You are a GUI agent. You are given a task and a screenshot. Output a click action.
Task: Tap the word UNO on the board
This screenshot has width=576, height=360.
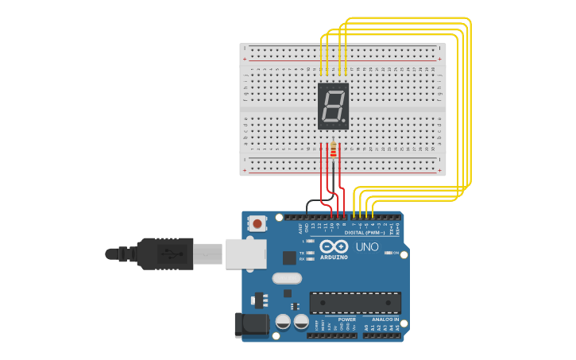[367, 247]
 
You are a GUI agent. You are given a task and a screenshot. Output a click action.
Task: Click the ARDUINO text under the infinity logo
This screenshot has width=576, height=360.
[334, 257]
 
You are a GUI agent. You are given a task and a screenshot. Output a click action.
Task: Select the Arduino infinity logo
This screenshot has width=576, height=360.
[334, 247]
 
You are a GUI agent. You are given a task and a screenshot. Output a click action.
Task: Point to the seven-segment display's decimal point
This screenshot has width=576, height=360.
[345, 121]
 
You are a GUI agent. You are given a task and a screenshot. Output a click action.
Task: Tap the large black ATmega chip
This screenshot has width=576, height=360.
[355, 303]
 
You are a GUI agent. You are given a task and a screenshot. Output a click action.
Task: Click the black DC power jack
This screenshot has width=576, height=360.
[249, 326]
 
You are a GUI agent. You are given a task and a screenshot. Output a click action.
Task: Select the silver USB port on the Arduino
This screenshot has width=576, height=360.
[245, 254]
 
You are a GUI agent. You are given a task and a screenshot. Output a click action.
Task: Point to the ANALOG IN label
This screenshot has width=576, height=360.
[385, 319]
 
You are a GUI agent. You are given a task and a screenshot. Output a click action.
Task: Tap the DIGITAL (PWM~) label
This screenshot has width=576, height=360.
[365, 233]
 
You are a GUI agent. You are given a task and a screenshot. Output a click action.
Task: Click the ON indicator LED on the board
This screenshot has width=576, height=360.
[387, 253]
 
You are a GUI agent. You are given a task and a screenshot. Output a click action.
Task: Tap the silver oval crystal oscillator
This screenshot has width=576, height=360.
[287, 278]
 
